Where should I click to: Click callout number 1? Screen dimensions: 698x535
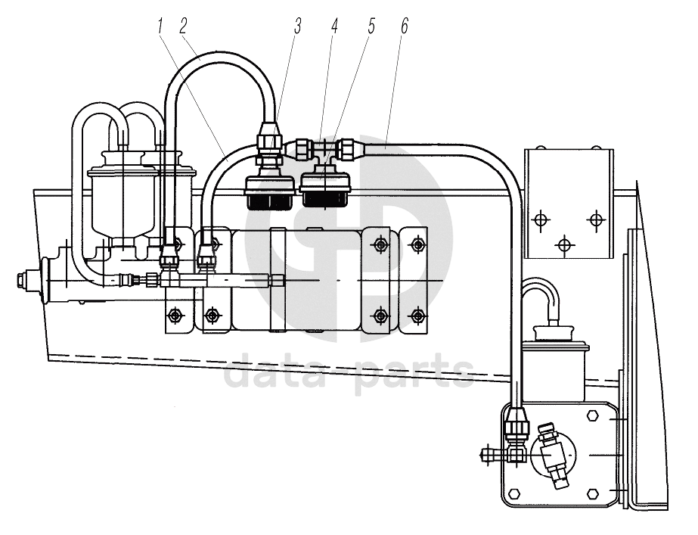coord(160,26)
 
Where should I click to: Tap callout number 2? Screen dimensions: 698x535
coord(184,26)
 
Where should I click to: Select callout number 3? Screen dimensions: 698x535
coord(297,26)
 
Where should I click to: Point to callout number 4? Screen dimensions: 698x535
coord(334,26)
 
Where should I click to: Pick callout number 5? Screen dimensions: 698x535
coord(371,26)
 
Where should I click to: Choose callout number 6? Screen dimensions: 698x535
coord(404,26)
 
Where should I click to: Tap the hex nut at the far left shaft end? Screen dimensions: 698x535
coord(21,280)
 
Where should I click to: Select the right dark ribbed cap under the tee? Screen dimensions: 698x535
coord(326,200)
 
